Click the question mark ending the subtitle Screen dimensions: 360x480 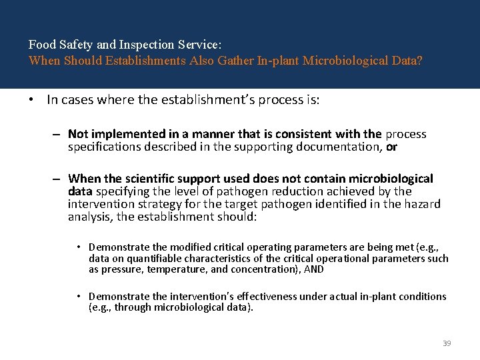pos(419,61)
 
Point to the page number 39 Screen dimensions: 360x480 pos(447,343)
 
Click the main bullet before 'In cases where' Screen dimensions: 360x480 pos(31,101)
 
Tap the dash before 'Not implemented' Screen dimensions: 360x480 pos(59,135)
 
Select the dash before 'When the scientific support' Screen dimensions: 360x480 pos(59,179)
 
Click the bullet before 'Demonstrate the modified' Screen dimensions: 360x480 pos(79,247)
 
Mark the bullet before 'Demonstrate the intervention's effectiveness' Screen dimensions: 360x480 pos(79,297)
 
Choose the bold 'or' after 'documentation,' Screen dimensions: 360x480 pos(391,147)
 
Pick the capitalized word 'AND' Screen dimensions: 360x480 pos(313,269)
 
